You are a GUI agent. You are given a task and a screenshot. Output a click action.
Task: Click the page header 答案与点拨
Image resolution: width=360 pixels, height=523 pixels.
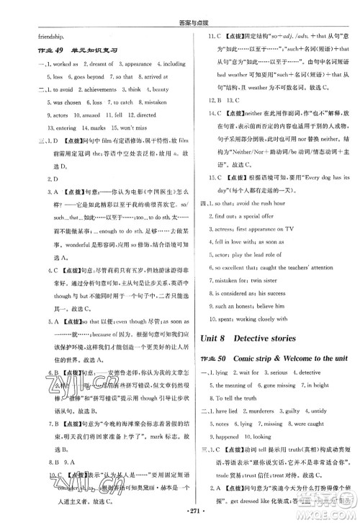click(179, 6)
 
